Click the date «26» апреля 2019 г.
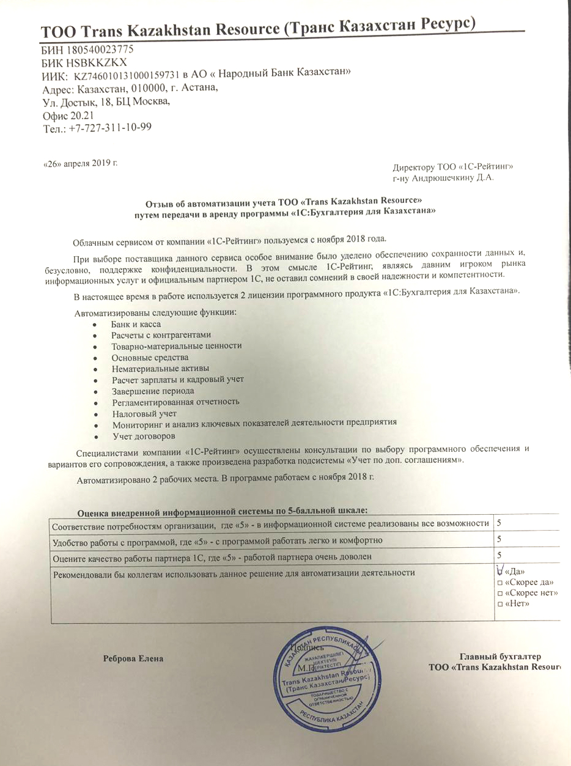[x=80, y=163]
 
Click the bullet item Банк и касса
[x=136, y=324]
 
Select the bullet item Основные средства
[x=150, y=357]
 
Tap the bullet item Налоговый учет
[x=144, y=413]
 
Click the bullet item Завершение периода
[x=153, y=391]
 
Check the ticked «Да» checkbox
[x=501, y=571]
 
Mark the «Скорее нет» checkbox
[x=501, y=594]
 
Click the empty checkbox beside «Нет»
[x=501, y=605]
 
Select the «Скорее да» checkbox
[x=501, y=583]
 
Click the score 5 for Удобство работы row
[x=499, y=539]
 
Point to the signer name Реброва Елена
[x=133, y=658]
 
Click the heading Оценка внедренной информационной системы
[x=224, y=511]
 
